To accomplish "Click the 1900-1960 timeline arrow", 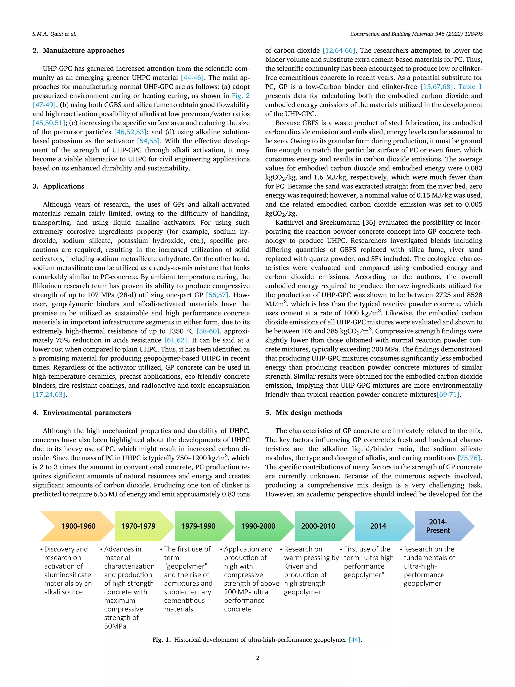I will click(x=78, y=526).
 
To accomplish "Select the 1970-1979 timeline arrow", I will click(x=139, y=526).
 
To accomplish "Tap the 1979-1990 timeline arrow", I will click(x=198, y=526).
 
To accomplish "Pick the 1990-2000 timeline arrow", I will click(x=258, y=526).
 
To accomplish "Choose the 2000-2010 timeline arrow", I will click(x=318, y=526).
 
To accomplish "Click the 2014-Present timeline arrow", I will click(x=438, y=526).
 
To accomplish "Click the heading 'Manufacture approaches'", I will click(x=83, y=51).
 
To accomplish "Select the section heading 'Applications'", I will click(x=63, y=186).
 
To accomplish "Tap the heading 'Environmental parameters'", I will click(x=87, y=413).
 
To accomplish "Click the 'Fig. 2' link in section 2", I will click(x=241, y=96).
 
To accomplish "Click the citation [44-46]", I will click(x=192, y=78).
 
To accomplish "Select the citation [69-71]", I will click(x=448, y=395).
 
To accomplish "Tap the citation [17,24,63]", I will click(x=49, y=395).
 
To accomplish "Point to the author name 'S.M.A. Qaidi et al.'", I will click(x=54, y=34).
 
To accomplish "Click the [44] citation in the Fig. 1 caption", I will click(x=355, y=640).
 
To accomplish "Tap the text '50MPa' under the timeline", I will click(x=115, y=626).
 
